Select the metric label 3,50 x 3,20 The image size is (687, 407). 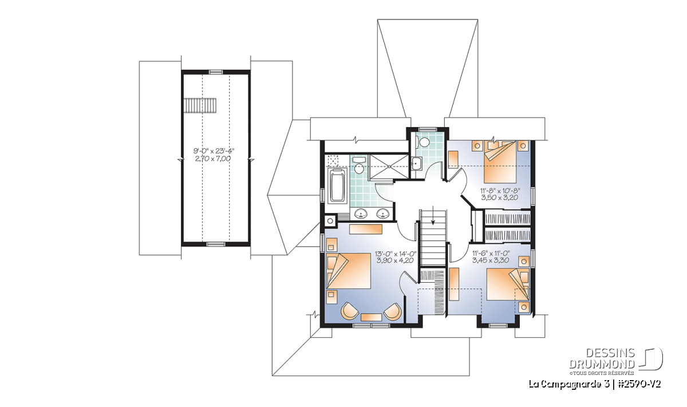(x=500, y=197)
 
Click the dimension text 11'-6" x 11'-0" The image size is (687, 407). (x=491, y=254)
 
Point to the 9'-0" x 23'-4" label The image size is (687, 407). (x=216, y=151)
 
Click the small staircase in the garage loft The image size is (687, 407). (x=200, y=105)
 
